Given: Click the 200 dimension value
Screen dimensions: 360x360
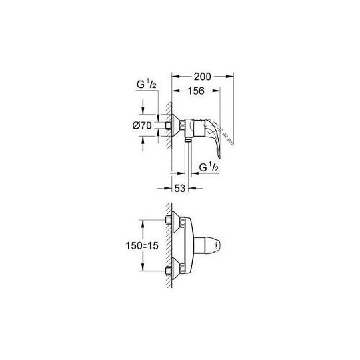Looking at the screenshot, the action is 202,76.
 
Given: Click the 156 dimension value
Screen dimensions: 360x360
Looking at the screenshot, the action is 196,91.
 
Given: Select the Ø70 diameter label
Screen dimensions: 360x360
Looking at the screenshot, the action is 143,125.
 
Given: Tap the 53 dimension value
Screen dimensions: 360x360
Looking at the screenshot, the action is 180,189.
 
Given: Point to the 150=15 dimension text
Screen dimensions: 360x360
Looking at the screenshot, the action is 142,246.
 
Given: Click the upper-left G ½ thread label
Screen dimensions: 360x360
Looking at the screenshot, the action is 147,84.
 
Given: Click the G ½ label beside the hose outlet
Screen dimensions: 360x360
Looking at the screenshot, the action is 209,167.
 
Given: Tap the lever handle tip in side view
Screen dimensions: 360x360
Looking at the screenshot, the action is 219,156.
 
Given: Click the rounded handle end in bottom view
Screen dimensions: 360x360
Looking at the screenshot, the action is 217,246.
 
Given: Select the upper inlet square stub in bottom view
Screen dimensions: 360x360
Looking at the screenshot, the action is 168,220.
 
